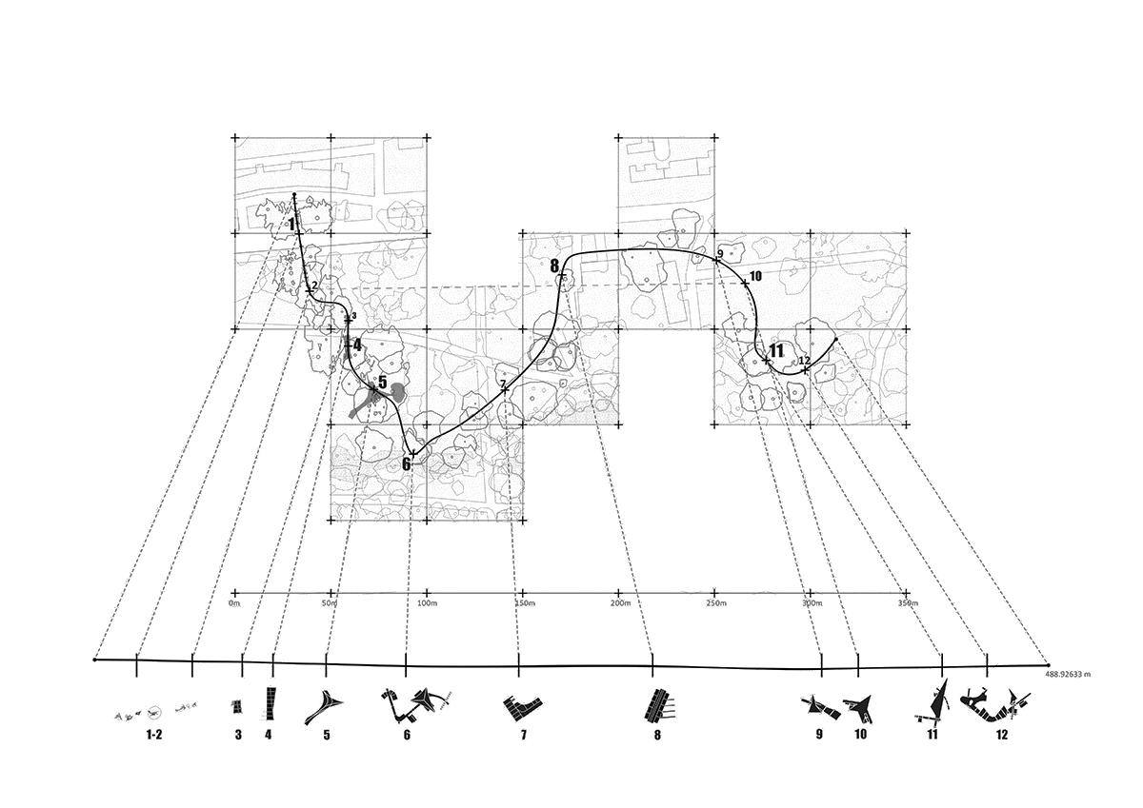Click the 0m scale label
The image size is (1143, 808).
coord(234,603)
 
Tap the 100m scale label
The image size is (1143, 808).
coord(427,603)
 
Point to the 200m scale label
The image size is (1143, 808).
coord(619,603)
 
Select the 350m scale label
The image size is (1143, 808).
coord(908,603)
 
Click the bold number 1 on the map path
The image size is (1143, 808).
coord(291,224)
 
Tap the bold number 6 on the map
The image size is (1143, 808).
coord(406,464)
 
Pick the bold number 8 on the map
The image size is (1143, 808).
coord(554,266)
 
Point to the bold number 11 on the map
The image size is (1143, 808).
coord(776,351)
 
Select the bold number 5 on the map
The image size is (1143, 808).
coord(382,383)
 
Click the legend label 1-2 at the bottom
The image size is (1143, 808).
coord(153,735)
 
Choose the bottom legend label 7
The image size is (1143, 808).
coord(523,735)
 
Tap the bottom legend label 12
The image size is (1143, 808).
coord(1001,735)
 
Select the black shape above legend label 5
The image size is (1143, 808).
coord(325,706)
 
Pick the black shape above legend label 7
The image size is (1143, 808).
coord(523,706)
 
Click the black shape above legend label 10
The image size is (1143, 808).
coord(861,706)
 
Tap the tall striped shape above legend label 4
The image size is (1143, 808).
coord(271,703)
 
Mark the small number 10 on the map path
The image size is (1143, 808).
coord(755,276)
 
